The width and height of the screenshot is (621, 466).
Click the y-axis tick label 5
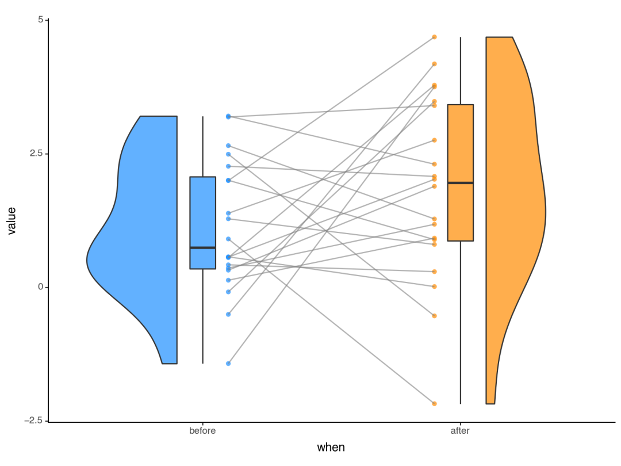pos(40,20)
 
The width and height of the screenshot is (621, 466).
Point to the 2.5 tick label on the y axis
pos(37,154)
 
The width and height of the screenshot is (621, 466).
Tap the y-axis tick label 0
pos(40,287)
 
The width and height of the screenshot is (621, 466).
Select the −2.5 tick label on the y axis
pos(35,421)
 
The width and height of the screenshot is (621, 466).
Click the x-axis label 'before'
pos(202,431)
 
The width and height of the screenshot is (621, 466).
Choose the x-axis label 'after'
pos(460,431)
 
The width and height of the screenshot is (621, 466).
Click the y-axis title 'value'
pos(12,220)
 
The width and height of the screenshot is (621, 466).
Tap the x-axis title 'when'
pos(331,448)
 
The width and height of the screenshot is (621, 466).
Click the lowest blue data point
pos(228,364)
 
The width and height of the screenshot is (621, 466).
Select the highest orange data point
pos(434,37)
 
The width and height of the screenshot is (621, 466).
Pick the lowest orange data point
pos(434,404)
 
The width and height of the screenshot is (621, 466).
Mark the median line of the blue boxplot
pos(202,247)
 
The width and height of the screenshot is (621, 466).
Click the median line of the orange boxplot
pos(460,183)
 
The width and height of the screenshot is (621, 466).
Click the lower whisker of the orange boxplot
pos(460,322)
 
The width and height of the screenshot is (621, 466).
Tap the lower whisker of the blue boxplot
pos(202,316)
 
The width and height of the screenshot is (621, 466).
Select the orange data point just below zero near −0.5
pos(434,316)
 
